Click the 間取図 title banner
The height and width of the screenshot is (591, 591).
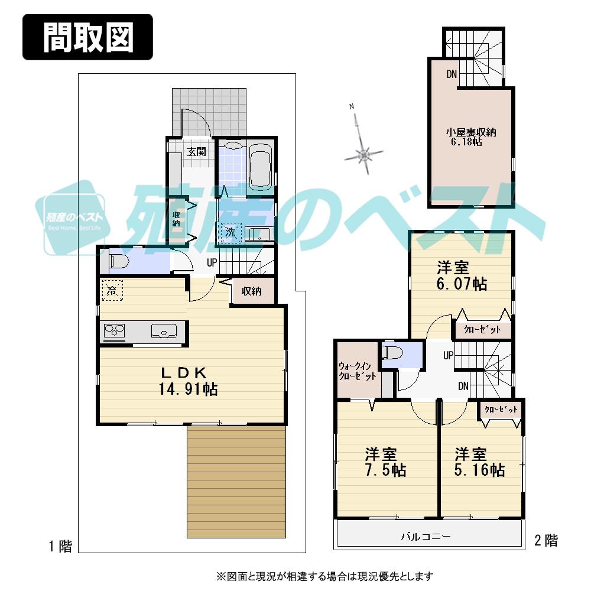(x=87, y=37)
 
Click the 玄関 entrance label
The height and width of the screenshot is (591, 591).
(x=196, y=151)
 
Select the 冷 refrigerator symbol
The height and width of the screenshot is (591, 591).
(x=112, y=290)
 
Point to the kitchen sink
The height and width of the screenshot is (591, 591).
(x=163, y=331)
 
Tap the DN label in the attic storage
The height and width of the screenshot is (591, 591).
(x=452, y=74)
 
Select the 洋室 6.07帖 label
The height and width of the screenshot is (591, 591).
(x=462, y=275)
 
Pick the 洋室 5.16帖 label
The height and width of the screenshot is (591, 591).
(x=479, y=462)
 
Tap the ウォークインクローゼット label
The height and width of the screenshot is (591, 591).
(x=357, y=371)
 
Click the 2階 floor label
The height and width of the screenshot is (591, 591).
(x=545, y=540)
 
